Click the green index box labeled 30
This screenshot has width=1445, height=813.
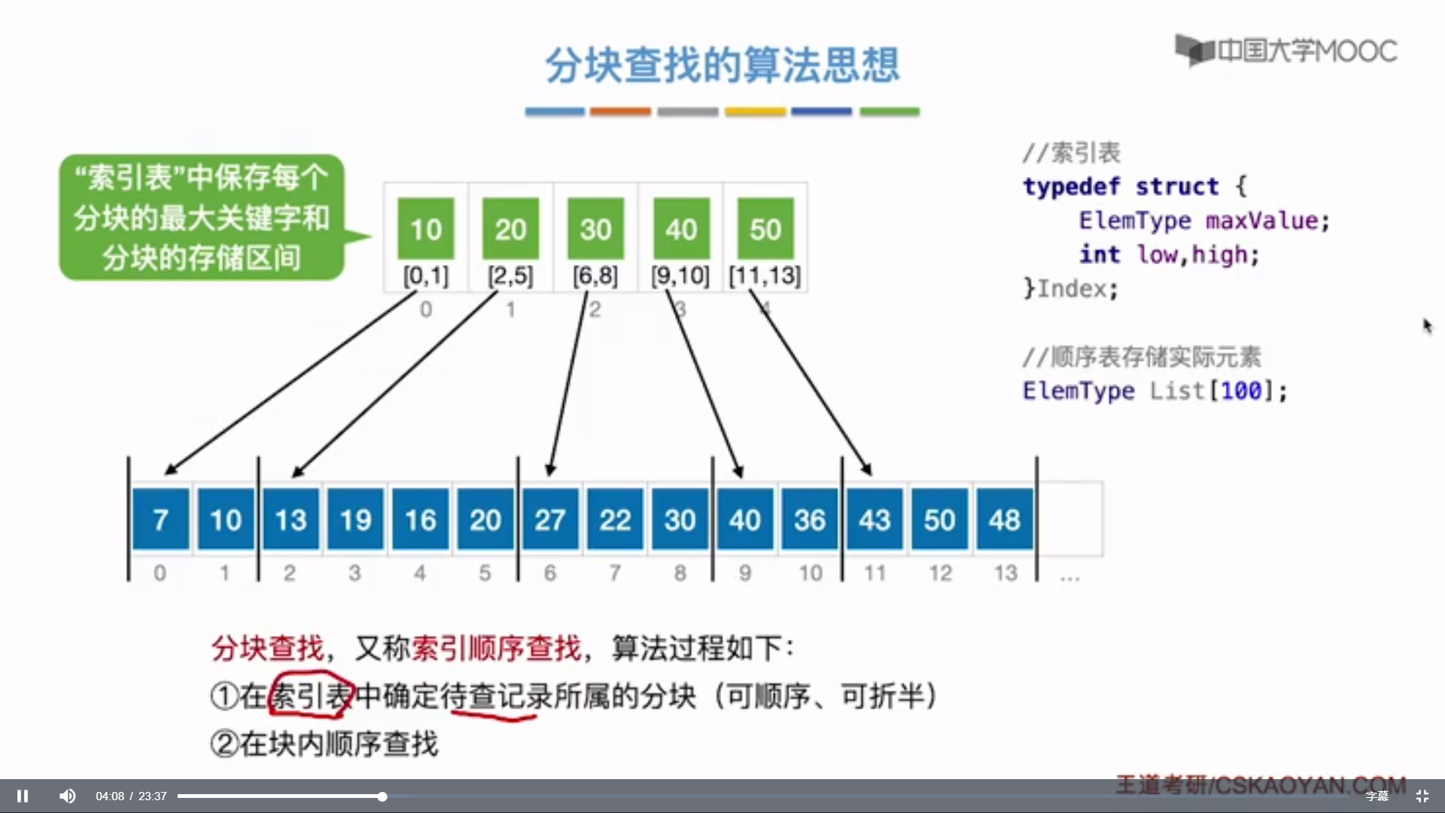595,229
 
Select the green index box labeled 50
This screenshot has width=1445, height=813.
765,229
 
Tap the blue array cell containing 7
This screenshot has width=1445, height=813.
160,519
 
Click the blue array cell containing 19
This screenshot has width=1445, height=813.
355,519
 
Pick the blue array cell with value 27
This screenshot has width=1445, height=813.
550,519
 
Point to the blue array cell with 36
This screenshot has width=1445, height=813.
810,519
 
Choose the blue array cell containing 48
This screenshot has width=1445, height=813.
1005,519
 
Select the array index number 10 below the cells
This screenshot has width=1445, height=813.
811,574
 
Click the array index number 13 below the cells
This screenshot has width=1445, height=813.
1005,574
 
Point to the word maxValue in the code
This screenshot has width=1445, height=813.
1261,221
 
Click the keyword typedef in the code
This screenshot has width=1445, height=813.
1071,186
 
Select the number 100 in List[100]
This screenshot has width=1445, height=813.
1241,391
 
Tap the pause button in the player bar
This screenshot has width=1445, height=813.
23,796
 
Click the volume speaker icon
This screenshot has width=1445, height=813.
67,796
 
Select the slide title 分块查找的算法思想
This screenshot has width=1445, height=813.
722,65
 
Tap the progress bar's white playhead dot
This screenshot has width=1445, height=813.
382,796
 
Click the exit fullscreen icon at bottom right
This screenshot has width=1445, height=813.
1422,796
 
